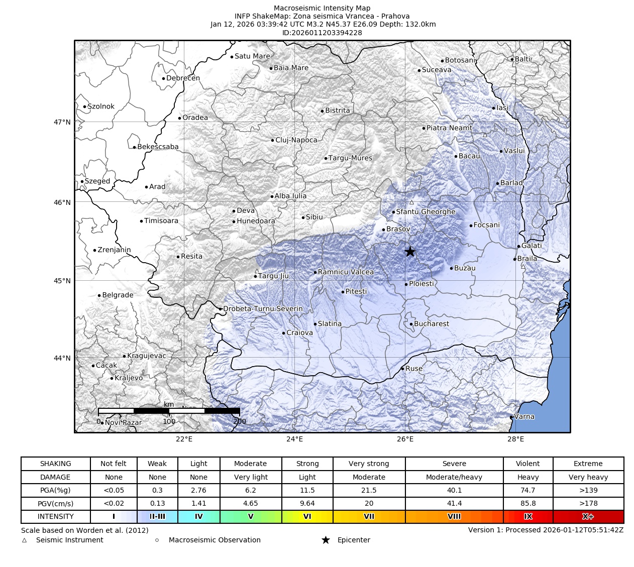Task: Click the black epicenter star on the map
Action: (410, 252)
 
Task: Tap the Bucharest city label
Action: (431, 324)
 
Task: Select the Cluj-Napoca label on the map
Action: (296, 140)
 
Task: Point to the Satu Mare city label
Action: (252, 56)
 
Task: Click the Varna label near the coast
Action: (524, 416)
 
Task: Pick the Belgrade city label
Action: (118, 295)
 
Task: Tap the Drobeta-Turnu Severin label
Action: (263, 309)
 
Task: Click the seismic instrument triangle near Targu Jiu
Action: (257, 271)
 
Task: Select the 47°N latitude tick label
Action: (62, 122)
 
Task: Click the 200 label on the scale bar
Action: (240, 421)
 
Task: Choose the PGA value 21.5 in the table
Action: (369, 490)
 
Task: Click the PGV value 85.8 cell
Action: (527, 503)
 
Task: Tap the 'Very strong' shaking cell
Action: (369, 464)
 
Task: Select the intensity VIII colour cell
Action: (454, 516)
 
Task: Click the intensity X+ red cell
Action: (588, 516)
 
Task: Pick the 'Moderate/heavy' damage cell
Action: (454, 477)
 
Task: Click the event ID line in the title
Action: (322, 33)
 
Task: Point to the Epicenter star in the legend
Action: (326, 540)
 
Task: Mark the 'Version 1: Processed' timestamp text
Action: (546, 530)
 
